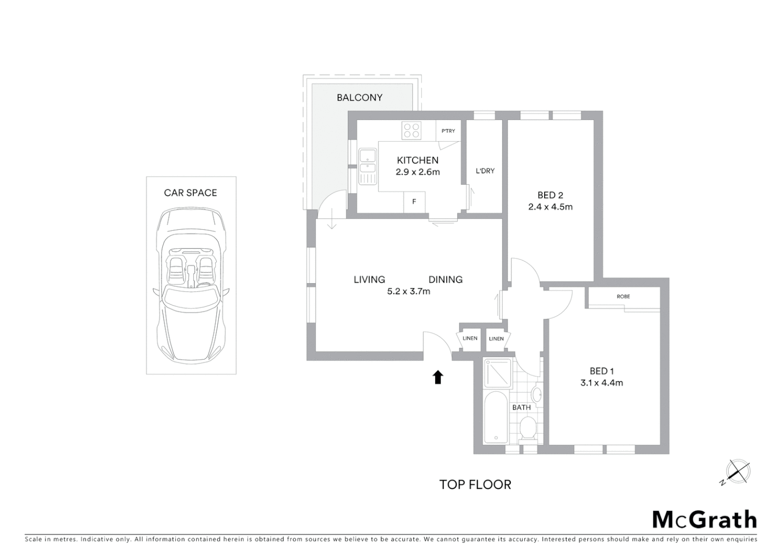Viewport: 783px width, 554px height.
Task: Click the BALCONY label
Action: (x=359, y=97)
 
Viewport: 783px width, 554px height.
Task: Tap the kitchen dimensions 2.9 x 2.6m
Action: (x=418, y=172)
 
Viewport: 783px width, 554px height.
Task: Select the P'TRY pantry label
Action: (x=448, y=131)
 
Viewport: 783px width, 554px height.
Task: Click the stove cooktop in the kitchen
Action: (x=411, y=130)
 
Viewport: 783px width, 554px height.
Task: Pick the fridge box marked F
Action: (x=414, y=202)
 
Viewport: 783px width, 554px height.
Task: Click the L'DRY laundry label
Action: (x=485, y=171)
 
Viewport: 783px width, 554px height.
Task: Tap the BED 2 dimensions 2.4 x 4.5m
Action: (x=550, y=207)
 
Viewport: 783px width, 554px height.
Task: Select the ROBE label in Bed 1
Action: (x=623, y=296)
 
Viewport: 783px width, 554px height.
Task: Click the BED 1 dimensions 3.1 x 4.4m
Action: (x=602, y=383)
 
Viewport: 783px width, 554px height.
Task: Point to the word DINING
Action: (x=445, y=280)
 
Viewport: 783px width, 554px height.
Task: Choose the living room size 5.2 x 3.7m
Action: (x=408, y=291)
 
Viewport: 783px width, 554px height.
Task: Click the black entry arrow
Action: (x=438, y=378)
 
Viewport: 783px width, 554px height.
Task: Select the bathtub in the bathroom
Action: (x=496, y=417)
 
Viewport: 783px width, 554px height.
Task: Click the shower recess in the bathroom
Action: (x=497, y=373)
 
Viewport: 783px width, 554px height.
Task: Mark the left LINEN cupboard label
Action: (x=470, y=339)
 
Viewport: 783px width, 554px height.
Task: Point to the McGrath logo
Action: (x=704, y=520)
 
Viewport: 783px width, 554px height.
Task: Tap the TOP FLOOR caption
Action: (x=475, y=485)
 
